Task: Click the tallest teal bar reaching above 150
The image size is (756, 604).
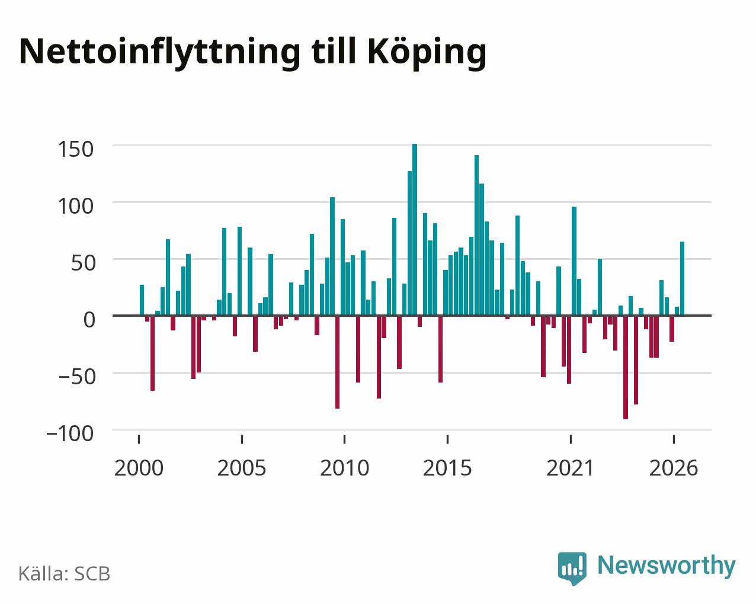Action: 415,230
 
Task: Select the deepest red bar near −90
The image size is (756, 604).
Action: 626,367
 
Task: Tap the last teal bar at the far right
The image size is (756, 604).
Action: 682,278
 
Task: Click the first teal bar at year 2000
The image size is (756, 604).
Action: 142,300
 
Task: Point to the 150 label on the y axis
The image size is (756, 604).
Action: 76,149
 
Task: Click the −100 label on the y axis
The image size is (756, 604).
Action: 71,433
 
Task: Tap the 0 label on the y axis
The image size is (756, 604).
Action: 89,320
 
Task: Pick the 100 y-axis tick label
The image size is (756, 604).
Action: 76,206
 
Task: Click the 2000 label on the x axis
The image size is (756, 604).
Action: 139,468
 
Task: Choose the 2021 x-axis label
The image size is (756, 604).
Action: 570,468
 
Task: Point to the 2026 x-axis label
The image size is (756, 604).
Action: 674,468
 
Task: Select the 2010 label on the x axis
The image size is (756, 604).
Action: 345,468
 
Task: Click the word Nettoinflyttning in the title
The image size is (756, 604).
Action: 160,53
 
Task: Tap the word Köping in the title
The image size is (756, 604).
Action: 427,53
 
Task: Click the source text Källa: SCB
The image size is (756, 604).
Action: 65,574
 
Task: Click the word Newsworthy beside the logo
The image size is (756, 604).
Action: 667,566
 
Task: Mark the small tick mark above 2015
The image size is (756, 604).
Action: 447,439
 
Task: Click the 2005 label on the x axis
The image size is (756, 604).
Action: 242,468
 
